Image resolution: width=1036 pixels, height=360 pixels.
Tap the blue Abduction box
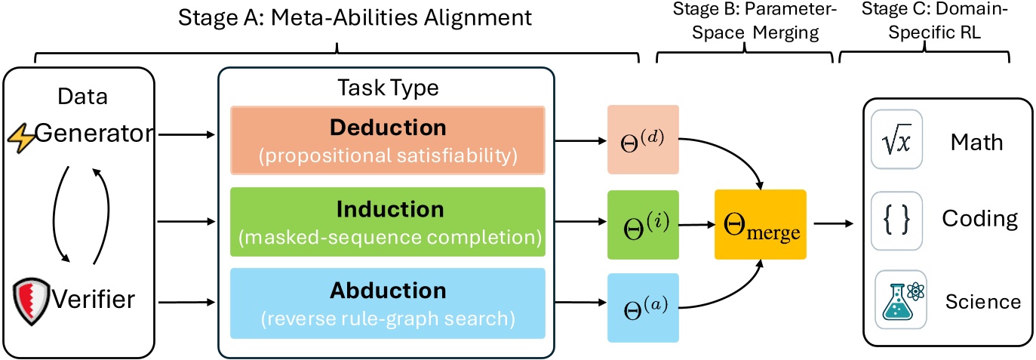[x=386, y=301]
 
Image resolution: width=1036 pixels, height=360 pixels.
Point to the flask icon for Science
[x=899, y=300]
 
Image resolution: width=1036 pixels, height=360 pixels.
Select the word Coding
[x=979, y=220]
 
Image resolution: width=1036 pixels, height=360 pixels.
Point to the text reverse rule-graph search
[x=386, y=318]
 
